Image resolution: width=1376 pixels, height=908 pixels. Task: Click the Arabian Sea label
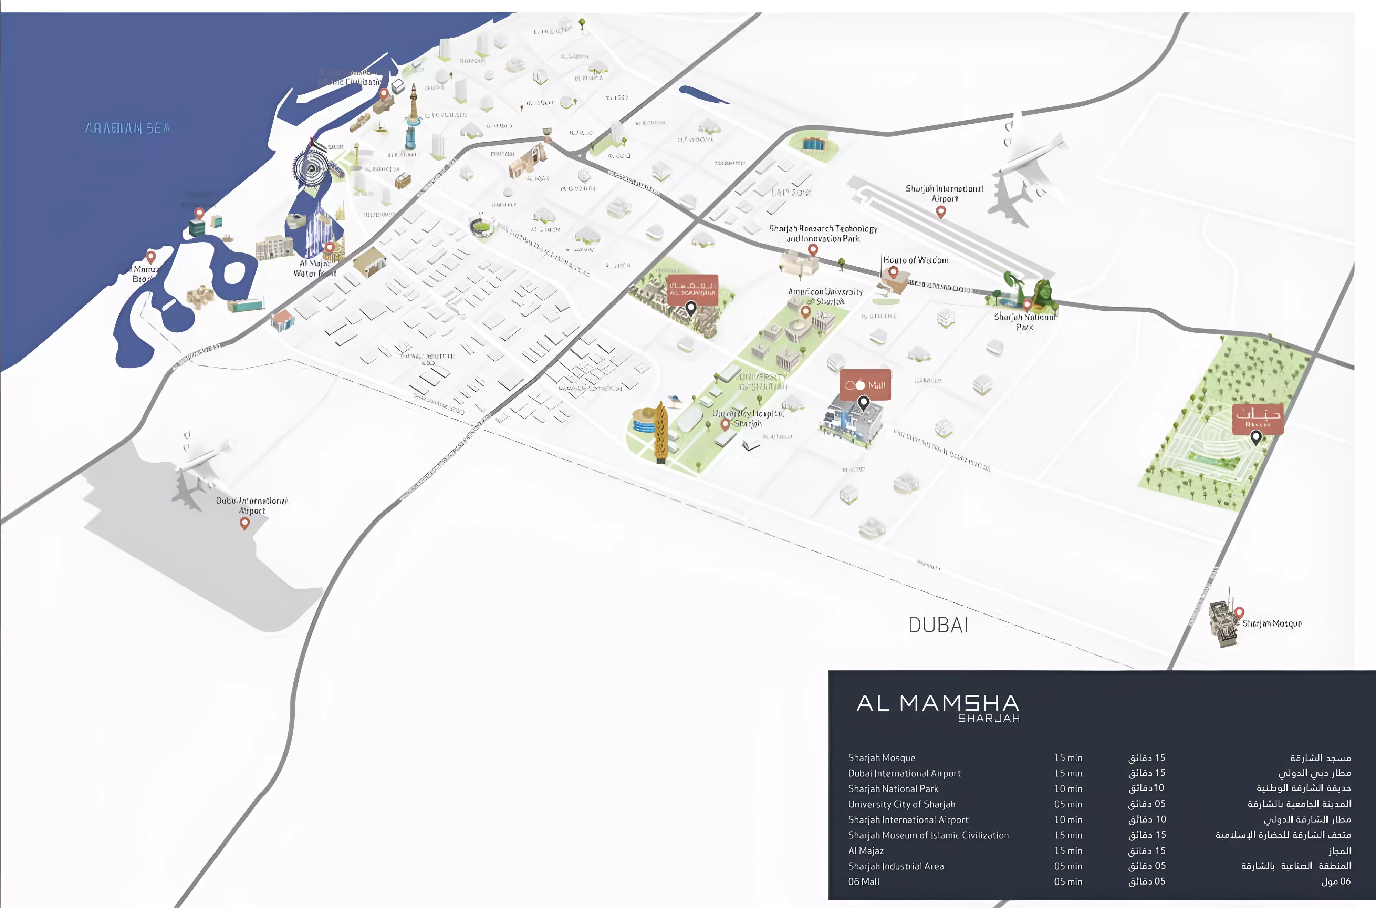127,128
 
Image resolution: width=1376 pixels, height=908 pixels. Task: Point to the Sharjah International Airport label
944,193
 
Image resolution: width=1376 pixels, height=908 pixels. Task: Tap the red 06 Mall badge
865,384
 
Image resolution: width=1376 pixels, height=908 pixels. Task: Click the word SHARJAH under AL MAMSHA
989,719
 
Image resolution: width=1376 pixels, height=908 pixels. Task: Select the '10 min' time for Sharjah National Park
1068,789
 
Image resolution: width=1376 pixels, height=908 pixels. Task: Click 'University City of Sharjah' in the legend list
901,804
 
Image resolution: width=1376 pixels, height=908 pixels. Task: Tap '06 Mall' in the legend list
863,882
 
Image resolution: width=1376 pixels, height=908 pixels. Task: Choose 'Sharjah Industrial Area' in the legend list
896,866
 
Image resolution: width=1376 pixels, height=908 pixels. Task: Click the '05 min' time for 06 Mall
1068,882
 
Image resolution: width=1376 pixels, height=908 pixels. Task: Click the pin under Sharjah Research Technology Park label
813,250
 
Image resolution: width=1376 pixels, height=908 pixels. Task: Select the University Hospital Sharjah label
748,418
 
